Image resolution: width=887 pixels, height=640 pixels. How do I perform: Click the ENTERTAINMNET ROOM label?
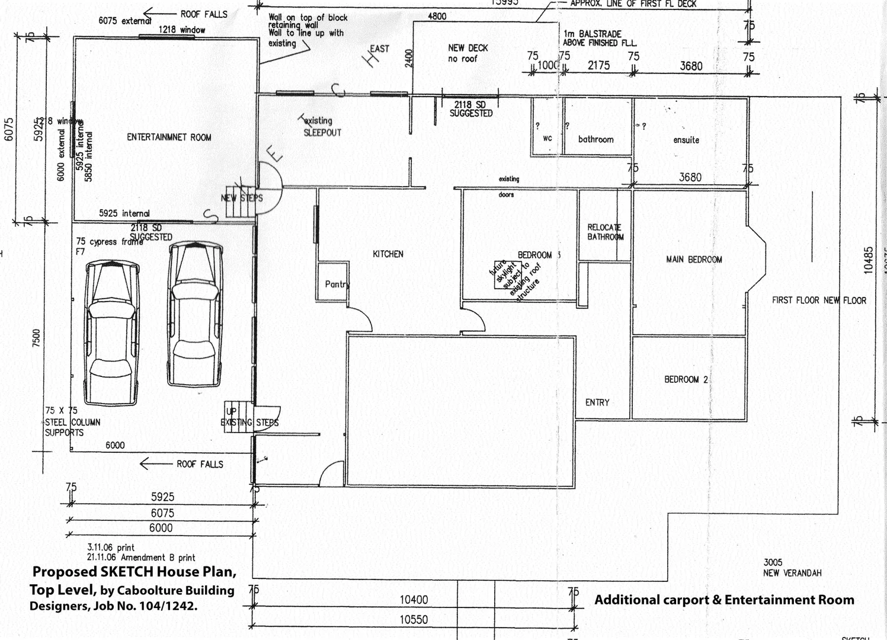pos(169,137)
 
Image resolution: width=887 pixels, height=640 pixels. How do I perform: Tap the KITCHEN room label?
pos(388,254)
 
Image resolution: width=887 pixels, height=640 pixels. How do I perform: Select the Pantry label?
pos(337,284)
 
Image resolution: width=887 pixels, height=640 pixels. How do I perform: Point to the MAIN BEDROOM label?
pos(694,260)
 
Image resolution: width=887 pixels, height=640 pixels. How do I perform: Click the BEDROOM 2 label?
pos(686,380)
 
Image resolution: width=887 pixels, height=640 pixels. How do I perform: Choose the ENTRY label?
pos(597,403)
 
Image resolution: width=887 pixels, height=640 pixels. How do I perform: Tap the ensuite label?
pos(686,140)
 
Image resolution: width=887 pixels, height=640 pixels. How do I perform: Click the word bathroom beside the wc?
pos(595,140)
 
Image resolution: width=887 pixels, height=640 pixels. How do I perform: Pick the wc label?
pos(547,139)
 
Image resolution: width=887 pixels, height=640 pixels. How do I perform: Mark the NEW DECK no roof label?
pos(467,53)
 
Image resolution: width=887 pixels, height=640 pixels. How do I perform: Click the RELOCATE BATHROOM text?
pos(605,232)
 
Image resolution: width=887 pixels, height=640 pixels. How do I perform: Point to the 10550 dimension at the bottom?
pos(414,620)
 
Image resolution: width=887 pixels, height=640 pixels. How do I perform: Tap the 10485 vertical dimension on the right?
pos(868,260)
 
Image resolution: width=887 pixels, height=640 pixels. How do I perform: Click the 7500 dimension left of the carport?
pos(37,338)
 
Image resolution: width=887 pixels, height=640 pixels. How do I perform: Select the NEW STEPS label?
pos(242,198)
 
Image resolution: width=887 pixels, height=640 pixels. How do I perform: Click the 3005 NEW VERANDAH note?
pos(792,568)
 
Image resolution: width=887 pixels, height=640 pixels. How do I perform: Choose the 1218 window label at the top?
pos(181,30)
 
